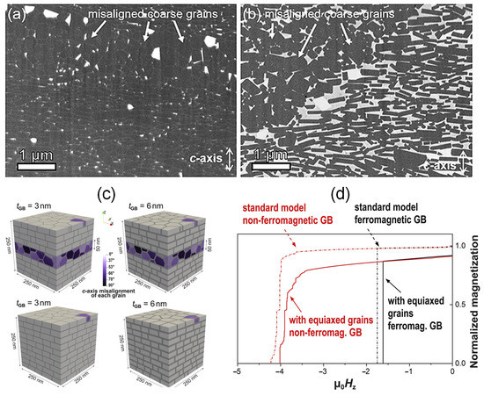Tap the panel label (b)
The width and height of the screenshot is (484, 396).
[251, 12]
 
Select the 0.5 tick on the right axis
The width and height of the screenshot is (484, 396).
[464, 305]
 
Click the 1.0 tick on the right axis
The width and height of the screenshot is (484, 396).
[464, 246]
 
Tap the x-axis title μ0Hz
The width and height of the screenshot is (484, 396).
[344, 386]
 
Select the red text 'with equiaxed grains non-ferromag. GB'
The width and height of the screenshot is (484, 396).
[332, 319]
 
